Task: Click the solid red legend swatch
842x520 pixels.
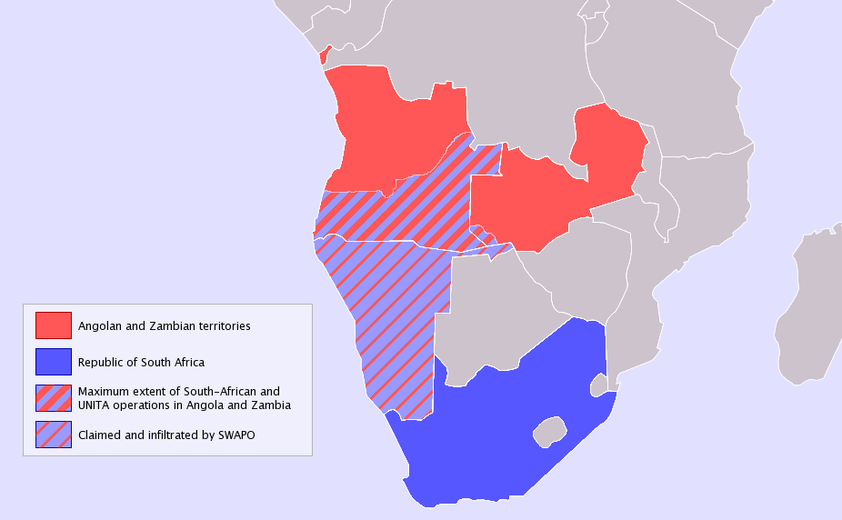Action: coord(54,325)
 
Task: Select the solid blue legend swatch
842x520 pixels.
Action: coord(54,362)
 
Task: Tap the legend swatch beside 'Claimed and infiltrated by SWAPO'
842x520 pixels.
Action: coord(54,435)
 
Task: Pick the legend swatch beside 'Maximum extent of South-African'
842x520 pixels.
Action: coord(54,398)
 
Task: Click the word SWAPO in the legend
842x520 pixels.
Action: coord(236,435)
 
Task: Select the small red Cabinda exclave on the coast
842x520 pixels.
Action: coord(325,55)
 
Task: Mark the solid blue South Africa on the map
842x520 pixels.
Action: coord(509,427)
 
